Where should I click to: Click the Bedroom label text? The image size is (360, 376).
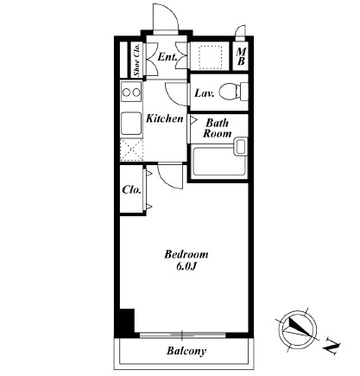coord(186,254)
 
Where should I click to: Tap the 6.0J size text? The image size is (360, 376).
coord(186,267)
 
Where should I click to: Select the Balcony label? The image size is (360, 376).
coord(186,351)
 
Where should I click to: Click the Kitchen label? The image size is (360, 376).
coord(165,118)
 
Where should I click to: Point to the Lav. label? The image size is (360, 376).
coord(205,93)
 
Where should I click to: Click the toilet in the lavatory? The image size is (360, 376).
coord(233,92)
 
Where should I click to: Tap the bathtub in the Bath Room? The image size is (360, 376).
coord(220,162)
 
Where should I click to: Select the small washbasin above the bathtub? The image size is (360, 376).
coord(241,146)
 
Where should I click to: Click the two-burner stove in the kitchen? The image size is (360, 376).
coord(131,92)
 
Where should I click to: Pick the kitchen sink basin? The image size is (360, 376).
coord(131,124)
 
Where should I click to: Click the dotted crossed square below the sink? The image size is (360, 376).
coord(131,150)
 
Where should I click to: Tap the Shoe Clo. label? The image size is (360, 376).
coord(137,60)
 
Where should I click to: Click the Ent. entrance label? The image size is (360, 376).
coord(167,57)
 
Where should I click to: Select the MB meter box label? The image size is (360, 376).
coord(241,56)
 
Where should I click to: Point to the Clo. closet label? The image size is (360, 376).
coord(131,190)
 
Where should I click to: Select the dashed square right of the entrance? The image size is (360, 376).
coord(211,57)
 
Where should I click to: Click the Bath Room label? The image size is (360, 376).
coord(218,128)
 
